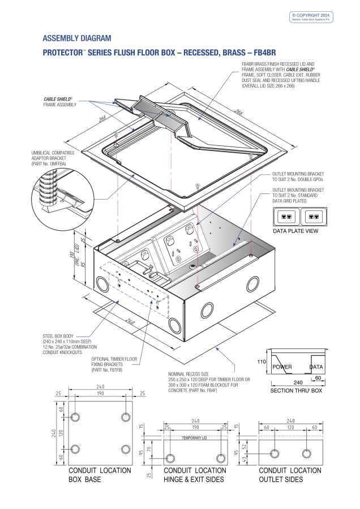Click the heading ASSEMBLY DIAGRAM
point(77,38)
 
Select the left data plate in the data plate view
point(288,217)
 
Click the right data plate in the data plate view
point(318,217)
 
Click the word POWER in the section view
point(282,367)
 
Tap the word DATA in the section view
point(316,367)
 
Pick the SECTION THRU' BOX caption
point(296,391)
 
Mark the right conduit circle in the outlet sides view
point(306,453)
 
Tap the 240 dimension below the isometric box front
point(130,322)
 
